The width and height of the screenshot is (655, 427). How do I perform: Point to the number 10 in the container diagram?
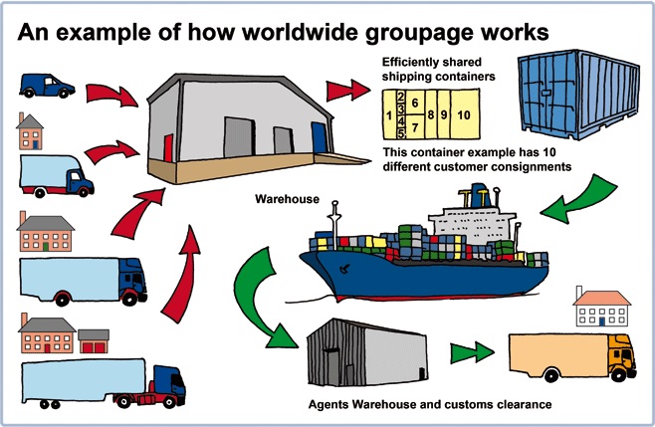pyautogui.click(x=463, y=115)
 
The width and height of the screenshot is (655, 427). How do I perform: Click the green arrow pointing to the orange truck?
pyautogui.click(x=472, y=353)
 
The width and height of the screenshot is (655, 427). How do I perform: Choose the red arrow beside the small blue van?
pyautogui.click(x=109, y=96)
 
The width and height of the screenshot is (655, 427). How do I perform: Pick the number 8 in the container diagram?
pyautogui.click(x=430, y=115)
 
